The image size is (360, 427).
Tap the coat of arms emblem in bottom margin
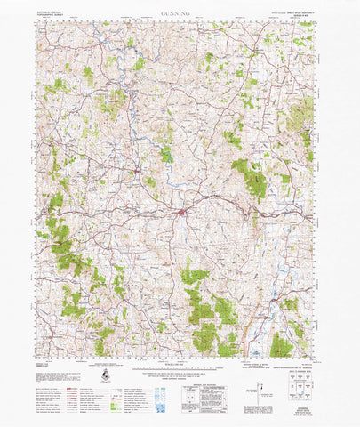point(106,378)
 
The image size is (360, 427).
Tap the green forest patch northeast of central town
point(252,177)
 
